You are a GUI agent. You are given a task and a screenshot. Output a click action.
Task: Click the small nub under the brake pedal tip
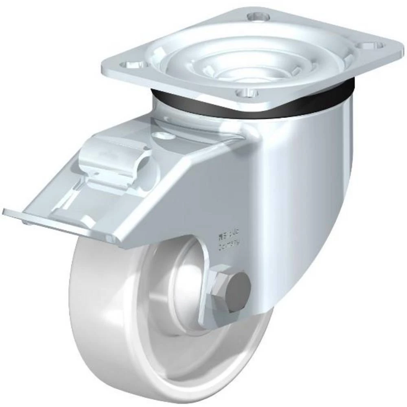click(26, 222)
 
